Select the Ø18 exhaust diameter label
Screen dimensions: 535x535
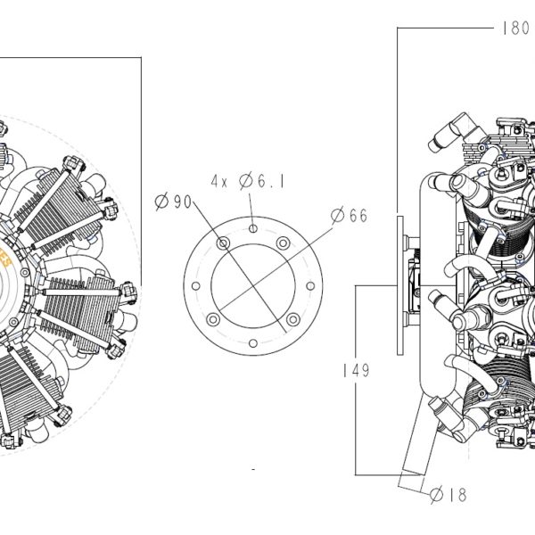pos(448,494)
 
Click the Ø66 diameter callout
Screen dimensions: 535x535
pos(350,215)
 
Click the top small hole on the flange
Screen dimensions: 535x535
pos(253,228)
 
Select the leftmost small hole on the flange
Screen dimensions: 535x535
pos(196,286)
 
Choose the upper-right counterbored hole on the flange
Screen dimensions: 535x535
pos(283,243)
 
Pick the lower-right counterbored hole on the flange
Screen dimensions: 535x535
pos(293,319)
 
